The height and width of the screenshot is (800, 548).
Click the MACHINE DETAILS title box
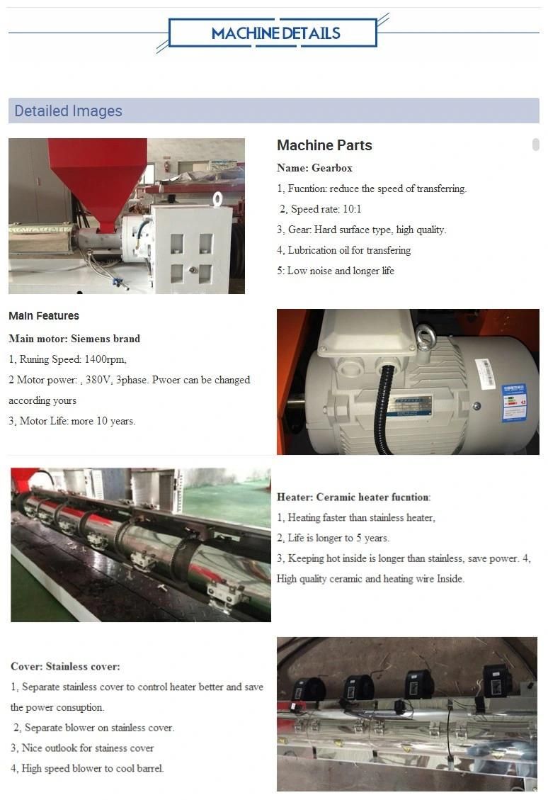coord(273,33)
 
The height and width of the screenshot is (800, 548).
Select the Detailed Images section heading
coord(68,111)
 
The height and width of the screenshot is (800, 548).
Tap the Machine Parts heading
coord(324,145)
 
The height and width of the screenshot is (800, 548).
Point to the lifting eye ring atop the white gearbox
coord(217,198)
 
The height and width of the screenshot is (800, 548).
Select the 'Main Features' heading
coord(44,316)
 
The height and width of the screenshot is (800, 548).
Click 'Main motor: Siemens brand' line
coord(74,339)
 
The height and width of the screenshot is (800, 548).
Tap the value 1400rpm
coord(105,359)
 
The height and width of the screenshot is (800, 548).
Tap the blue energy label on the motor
coord(514,402)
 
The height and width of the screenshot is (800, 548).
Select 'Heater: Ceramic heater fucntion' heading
coord(354,497)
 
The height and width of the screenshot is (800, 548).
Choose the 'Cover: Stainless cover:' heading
coord(65,666)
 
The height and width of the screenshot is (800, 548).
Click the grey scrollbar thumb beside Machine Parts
coord(536,145)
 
